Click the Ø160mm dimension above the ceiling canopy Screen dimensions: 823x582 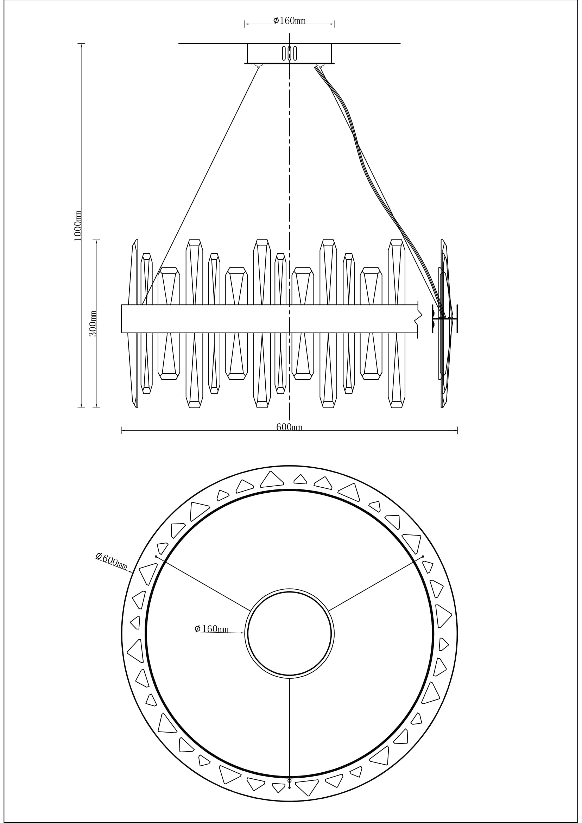tap(289, 21)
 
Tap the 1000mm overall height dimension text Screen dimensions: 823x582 tap(78, 226)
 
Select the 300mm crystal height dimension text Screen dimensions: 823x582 tap(93, 324)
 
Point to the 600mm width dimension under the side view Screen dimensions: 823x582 tap(289, 427)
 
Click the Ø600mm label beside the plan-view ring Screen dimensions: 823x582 tap(112, 561)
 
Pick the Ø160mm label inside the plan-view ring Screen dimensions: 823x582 tap(211, 629)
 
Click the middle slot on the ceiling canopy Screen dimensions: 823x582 tap(289, 53)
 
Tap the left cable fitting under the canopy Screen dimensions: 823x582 tap(258, 65)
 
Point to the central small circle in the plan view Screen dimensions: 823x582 tap(289, 634)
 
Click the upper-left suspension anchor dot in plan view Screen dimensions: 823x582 tap(156, 557)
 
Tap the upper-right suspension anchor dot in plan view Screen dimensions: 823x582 tap(423, 556)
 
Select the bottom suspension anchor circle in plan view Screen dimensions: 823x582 tap(289, 781)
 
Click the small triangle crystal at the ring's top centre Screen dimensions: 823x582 tap(300, 480)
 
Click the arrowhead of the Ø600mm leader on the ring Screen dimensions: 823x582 tap(131, 572)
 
